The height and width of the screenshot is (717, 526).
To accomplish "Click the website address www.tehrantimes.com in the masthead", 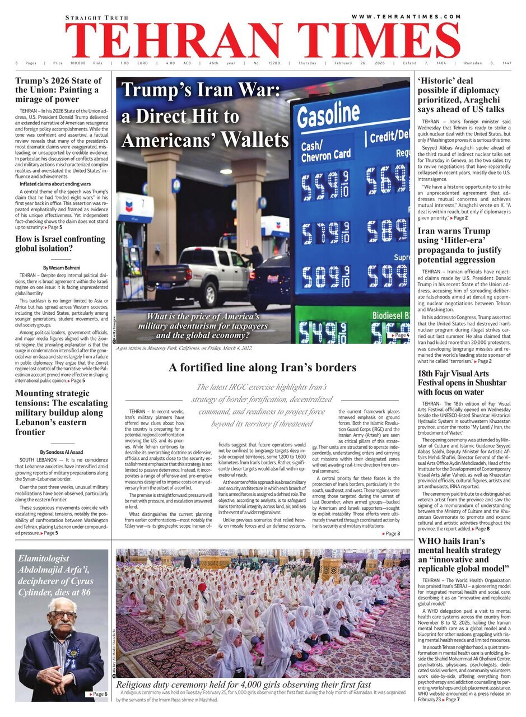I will coord(406,17).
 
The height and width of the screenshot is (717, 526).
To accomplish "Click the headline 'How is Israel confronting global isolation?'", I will coord(60,244).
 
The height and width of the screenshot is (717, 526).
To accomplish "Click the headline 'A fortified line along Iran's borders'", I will coord(262,367).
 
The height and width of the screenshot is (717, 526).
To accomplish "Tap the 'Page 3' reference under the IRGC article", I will coord(391,534).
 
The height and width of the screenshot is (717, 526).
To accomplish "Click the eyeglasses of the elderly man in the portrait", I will coord(62,614).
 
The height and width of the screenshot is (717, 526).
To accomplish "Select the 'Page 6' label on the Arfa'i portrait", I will coord(96,693).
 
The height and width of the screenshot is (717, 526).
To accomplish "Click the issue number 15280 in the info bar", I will coord(274,63).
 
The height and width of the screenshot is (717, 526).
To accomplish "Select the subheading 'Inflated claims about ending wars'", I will coord(55,184).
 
